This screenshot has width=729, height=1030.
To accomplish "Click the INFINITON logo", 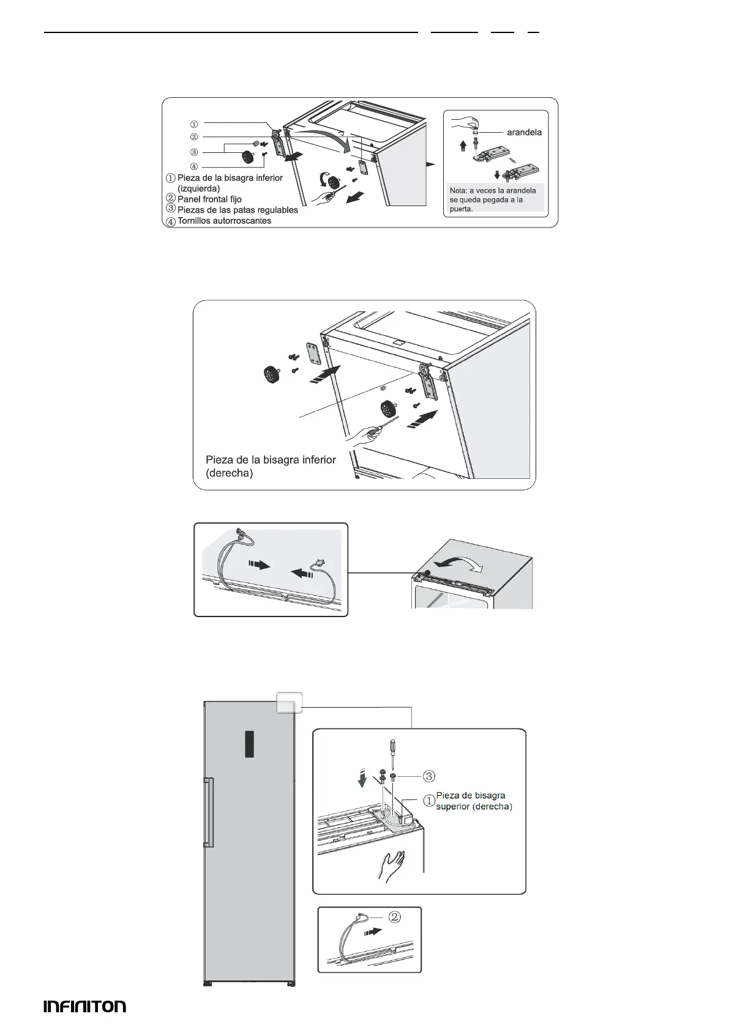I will (84, 1006).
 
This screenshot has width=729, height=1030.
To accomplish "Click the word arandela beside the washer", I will (525, 132).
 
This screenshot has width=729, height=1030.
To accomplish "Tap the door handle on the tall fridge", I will (208, 812).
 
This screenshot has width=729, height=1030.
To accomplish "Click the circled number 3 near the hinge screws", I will (429, 776).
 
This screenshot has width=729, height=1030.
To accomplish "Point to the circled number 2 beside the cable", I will (395, 917).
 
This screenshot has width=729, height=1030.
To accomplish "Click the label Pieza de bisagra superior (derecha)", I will (473, 801).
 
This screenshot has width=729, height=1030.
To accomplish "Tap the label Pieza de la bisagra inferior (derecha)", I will (271, 466).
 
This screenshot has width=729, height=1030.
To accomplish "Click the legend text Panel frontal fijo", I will (209, 199).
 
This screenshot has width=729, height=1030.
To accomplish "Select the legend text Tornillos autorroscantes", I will (224, 221).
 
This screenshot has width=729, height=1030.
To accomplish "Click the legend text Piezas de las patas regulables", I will (237, 210).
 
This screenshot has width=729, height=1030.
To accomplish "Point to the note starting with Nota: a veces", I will (492, 199).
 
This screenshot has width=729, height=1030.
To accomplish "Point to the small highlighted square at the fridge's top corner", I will (289, 702).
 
